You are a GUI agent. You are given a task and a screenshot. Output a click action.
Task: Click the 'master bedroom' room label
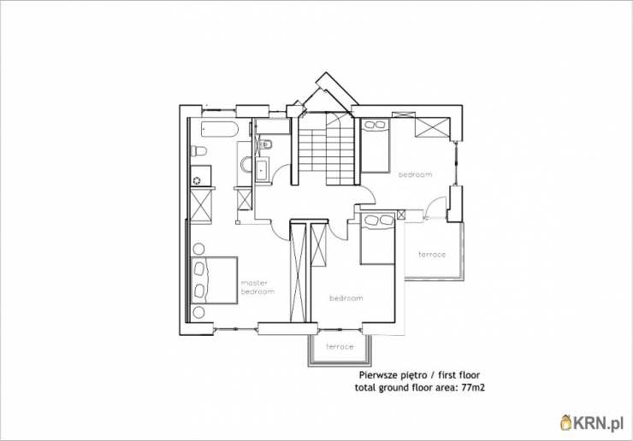[257, 287]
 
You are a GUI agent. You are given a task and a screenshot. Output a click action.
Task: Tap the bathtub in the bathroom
[220, 129]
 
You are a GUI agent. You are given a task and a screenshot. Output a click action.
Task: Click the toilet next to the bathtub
[198, 151]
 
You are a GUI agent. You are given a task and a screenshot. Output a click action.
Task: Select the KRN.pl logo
[592, 424]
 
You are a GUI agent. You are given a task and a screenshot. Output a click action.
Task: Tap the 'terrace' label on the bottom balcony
[340, 347]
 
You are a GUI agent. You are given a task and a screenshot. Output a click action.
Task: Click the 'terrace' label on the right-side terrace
[432, 255]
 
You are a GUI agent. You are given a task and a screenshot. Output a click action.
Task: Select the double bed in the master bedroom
[214, 279]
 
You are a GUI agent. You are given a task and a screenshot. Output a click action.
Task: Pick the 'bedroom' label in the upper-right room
[415, 174]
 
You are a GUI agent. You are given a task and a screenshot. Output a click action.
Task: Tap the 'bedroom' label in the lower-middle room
[346, 298]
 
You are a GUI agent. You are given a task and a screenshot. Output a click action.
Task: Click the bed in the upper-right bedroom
[375, 145]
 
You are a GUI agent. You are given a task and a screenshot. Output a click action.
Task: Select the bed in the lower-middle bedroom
[377, 238]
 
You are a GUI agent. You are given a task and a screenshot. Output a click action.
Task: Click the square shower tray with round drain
[201, 175]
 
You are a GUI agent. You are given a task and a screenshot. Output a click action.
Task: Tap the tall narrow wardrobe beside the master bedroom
[299, 273]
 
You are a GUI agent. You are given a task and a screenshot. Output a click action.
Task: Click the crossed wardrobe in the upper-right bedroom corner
[432, 128]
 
